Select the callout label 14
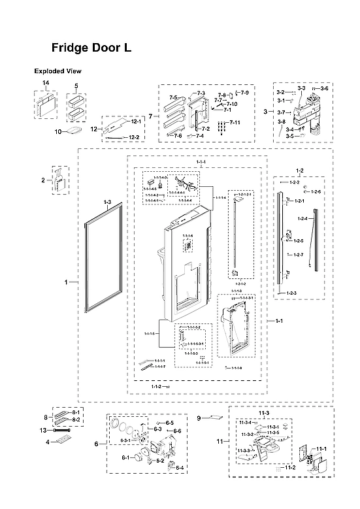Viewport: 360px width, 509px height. point(46,84)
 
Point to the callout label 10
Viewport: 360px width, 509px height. point(57,131)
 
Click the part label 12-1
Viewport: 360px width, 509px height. point(136,122)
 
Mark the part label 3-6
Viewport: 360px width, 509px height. point(324,88)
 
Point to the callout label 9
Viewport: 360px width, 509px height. point(199,417)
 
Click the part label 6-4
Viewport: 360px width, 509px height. point(180,468)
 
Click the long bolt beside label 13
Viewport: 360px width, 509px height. point(61,431)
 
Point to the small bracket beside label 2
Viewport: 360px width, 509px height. point(60,180)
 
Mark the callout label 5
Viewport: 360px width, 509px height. point(76,86)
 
